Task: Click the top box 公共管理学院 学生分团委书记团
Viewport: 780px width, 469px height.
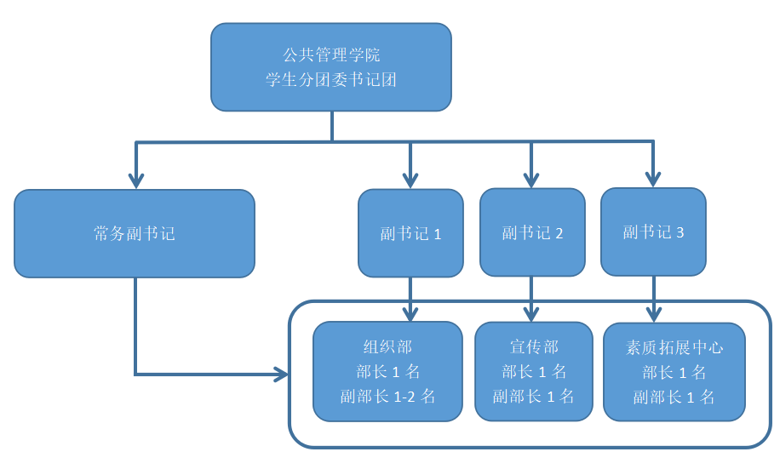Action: [330, 67]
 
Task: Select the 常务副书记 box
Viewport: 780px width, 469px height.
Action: [135, 233]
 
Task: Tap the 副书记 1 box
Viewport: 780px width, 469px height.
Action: [410, 233]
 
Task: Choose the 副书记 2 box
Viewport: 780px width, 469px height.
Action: [532, 232]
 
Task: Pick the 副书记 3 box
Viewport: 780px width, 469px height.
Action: [653, 232]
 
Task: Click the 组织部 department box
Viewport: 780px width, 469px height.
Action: [387, 372]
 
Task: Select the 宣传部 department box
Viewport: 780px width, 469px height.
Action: [533, 371]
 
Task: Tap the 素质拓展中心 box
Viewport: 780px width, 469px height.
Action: [674, 372]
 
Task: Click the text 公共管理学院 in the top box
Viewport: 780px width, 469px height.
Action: [331, 55]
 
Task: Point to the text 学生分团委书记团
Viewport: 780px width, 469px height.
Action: [331, 81]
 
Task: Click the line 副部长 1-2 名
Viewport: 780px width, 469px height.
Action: [387, 396]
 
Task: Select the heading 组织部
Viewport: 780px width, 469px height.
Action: [387, 347]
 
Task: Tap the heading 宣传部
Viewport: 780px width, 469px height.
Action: [534, 347]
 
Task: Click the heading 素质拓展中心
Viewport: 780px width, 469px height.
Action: [674, 348]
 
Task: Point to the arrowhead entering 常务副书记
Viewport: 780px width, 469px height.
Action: [135, 180]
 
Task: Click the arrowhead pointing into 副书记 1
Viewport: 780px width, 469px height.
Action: [410, 180]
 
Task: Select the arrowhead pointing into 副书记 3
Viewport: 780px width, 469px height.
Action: [653, 179]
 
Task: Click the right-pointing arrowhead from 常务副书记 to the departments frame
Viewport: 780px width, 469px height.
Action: [281, 374]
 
